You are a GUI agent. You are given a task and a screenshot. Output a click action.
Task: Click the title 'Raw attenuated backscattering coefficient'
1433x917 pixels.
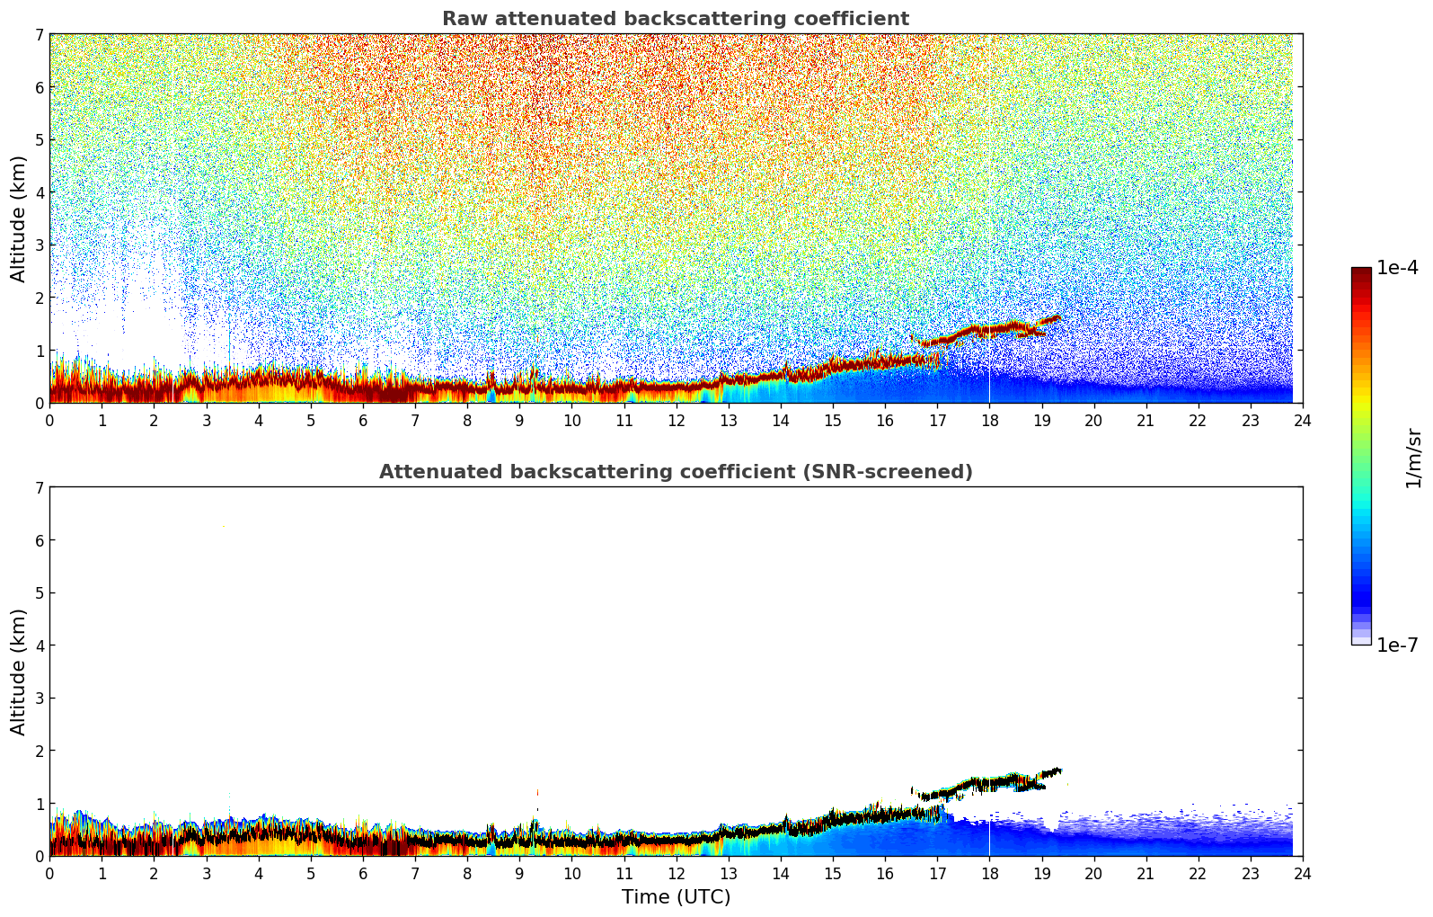pos(675,19)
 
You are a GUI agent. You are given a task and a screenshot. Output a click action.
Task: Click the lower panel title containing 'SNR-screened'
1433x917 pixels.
pos(675,472)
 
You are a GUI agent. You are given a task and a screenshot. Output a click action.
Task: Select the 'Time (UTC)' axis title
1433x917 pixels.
pos(676,897)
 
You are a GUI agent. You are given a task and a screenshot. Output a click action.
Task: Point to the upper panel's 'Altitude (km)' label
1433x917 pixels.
pos(19,218)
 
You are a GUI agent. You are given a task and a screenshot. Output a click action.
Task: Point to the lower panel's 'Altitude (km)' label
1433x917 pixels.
pos(19,672)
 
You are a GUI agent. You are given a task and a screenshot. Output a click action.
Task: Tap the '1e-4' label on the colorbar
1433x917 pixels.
pos(1397,268)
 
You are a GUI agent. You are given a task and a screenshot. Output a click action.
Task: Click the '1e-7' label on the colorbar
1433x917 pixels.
pos(1397,645)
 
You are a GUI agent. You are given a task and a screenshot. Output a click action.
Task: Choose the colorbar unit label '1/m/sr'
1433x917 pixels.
pos(1413,458)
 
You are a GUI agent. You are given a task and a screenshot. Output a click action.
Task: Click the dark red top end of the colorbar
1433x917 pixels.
pos(1361,272)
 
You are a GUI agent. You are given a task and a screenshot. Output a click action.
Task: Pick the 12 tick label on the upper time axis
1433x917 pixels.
pos(676,420)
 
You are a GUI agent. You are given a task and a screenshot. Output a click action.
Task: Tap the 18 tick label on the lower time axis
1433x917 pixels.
pos(989,873)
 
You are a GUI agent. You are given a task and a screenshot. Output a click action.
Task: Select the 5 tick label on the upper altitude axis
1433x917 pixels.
pos(39,139)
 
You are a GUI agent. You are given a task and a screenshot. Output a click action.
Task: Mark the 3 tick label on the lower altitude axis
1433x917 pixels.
pos(39,698)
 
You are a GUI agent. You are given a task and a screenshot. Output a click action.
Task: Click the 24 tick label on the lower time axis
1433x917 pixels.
pos(1302,873)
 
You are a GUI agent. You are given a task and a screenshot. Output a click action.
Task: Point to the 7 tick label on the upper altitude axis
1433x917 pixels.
pos(39,35)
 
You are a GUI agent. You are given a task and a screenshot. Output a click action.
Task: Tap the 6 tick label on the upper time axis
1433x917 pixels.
pos(363,420)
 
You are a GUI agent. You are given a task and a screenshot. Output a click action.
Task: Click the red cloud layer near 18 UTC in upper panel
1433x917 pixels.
pos(989,330)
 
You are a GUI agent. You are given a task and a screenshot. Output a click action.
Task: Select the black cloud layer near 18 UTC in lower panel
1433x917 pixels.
pos(989,783)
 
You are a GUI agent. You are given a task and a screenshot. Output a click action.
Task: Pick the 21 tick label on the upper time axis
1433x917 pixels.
pos(1146,420)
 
